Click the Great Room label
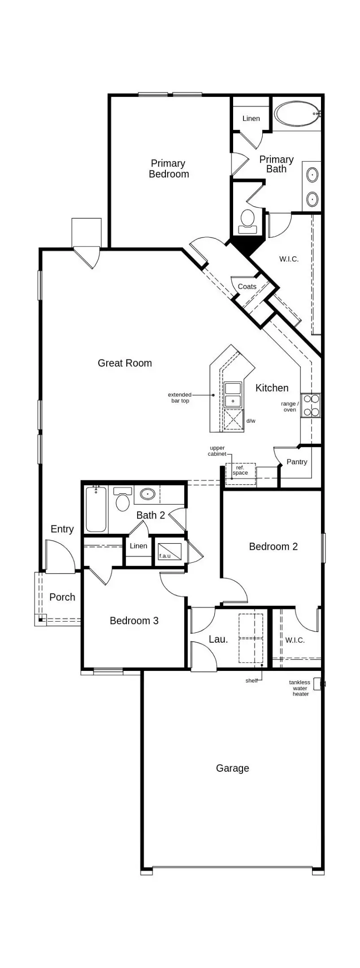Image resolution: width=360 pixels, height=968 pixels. (125, 363)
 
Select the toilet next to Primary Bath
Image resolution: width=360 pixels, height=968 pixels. (247, 221)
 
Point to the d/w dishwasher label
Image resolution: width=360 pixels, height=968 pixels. (251, 421)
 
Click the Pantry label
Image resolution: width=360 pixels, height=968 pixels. (297, 462)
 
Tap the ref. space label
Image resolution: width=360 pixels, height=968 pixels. (240, 470)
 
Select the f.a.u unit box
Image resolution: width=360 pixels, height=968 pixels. (169, 552)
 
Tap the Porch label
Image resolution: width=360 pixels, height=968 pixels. (62, 597)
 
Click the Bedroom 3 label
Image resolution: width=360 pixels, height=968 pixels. (134, 621)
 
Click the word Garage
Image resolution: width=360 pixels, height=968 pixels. (232, 768)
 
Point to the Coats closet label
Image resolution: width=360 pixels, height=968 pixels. (247, 286)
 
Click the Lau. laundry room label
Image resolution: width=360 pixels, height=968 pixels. (218, 639)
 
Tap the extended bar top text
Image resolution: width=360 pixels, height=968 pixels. (180, 398)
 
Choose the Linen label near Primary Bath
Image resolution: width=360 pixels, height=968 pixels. (251, 118)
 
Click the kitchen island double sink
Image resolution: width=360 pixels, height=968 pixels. (233, 394)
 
